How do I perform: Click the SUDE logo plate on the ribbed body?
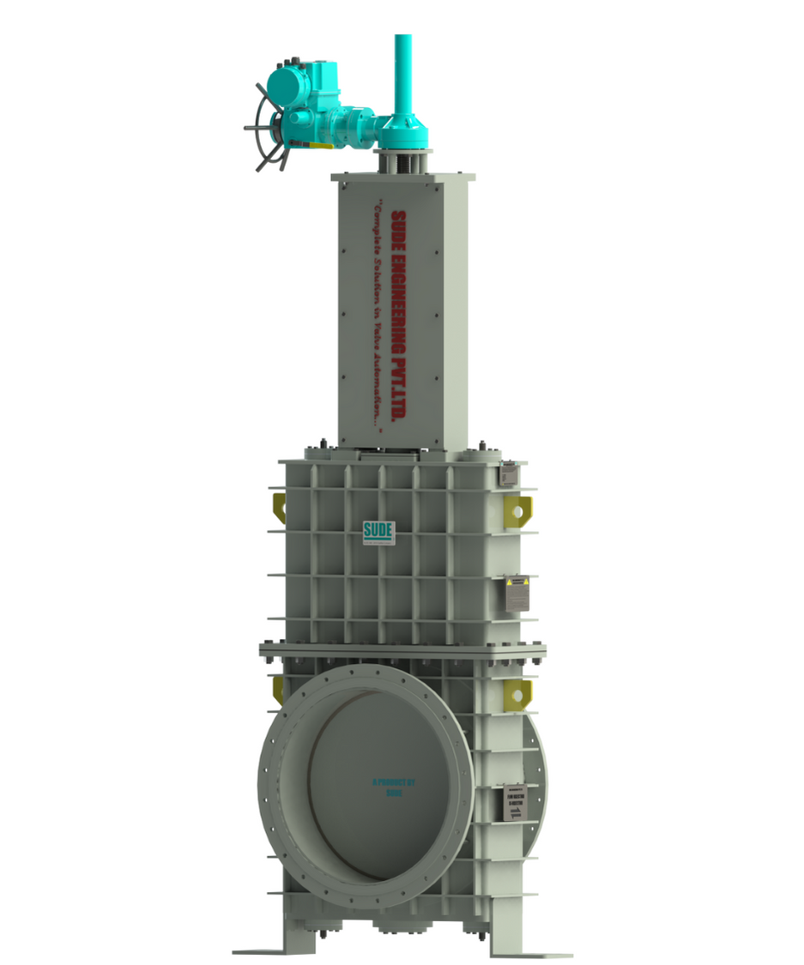(378, 532)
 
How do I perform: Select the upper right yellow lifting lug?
(517, 508)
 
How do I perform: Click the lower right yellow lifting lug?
(517, 693)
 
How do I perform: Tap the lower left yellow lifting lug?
(279, 689)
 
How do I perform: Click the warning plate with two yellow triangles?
(517, 593)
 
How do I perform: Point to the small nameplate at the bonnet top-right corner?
(509, 473)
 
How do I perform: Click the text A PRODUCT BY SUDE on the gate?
(394, 787)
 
